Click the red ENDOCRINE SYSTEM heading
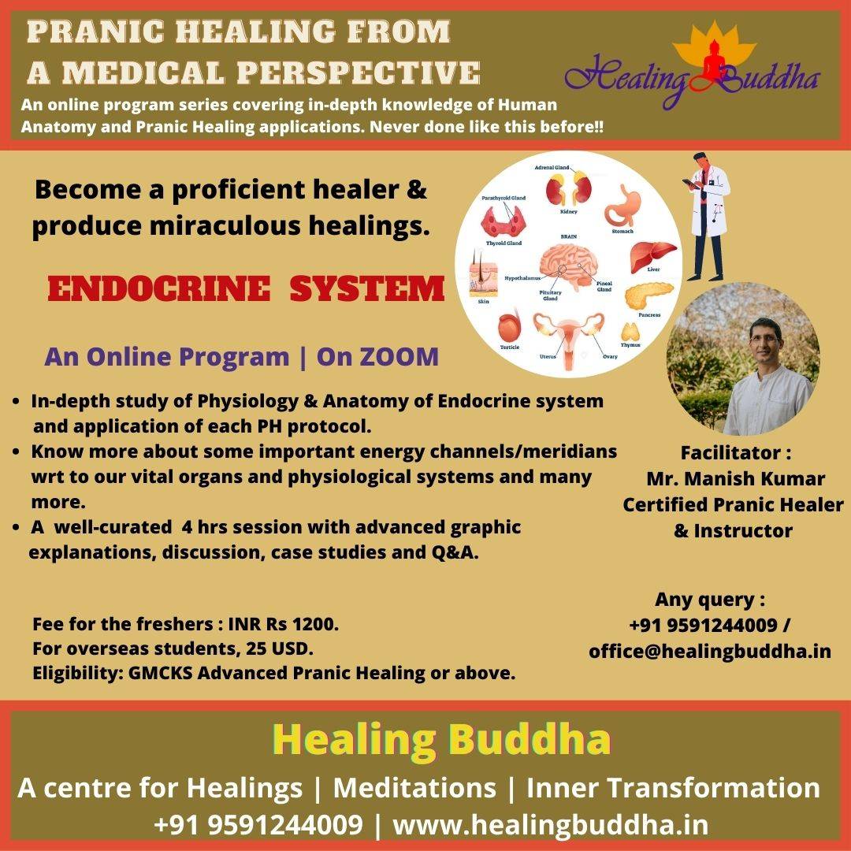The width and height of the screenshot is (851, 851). (x=246, y=288)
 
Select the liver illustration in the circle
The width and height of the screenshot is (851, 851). (x=653, y=255)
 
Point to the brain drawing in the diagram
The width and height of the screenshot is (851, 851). (x=567, y=265)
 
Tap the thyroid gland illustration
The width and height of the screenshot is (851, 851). (x=503, y=222)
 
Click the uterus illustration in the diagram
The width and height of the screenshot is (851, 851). (x=568, y=338)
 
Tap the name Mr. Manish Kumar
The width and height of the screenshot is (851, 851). (x=735, y=479)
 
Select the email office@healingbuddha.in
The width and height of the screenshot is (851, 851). (x=710, y=651)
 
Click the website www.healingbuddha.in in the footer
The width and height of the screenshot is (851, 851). (x=550, y=825)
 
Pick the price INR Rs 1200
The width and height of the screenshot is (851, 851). (x=284, y=624)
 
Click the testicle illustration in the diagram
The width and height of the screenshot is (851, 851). (x=509, y=326)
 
